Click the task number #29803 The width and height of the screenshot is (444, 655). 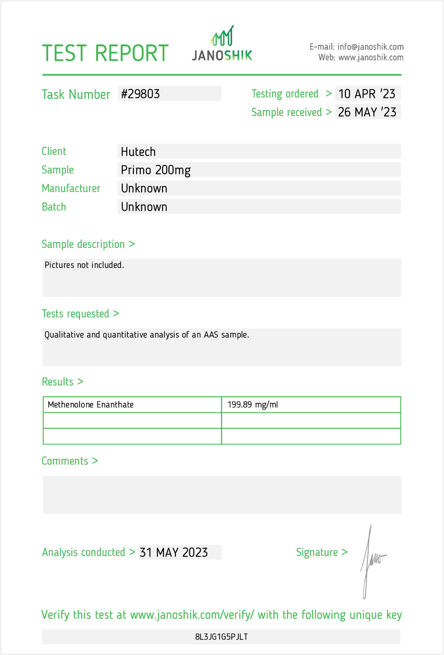click(141, 94)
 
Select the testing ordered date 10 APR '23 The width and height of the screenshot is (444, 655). click(367, 94)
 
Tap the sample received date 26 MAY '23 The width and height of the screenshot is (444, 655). click(367, 112)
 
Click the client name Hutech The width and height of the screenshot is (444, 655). click(138, 152)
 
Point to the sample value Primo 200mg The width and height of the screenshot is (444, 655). click(156, 170)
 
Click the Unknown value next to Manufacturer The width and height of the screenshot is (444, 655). click(144, 188)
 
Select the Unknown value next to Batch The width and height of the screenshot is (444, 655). click(144, 207)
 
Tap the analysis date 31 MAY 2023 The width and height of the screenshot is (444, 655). click(174, 552)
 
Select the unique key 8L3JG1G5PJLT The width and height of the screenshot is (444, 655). click(221, 637)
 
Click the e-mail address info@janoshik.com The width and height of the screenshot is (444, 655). click(370, 47)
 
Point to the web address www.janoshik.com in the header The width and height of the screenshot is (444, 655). click(371, 57)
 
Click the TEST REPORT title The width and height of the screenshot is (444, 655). click(105, 53)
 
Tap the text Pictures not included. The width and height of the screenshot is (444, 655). click(84, 265)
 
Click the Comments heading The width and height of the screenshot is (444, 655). click(65, 461)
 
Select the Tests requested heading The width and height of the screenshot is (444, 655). click(75, 314)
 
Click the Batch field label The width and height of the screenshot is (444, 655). click(54, 207)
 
